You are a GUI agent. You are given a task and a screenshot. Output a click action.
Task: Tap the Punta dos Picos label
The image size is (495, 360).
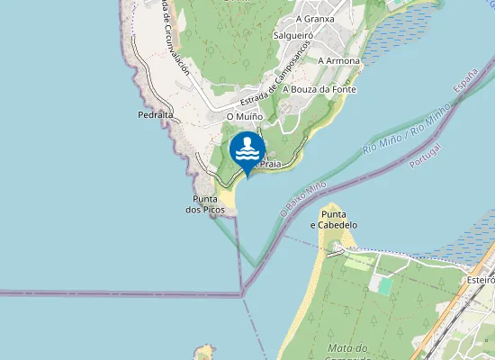(205, 204)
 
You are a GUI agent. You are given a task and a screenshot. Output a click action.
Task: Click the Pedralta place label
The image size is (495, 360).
(156, 115)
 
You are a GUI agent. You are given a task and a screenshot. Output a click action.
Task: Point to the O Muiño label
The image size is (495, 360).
(244, 116)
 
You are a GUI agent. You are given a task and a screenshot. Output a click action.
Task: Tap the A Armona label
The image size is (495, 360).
(339, 61)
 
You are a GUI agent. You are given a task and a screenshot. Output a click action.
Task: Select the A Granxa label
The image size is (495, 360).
(315, 18)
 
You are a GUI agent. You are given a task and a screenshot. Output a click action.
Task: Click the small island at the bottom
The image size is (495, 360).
(205, 352)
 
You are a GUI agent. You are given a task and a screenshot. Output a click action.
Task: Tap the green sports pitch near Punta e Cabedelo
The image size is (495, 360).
(386, 284)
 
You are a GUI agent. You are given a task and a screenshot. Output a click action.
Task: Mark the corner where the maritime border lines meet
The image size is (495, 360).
(242, 293)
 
